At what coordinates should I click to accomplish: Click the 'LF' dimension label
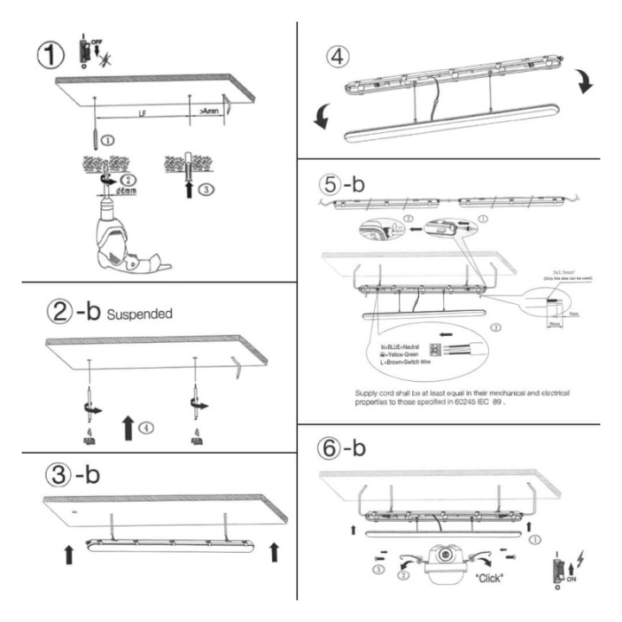(x=141, y=112)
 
